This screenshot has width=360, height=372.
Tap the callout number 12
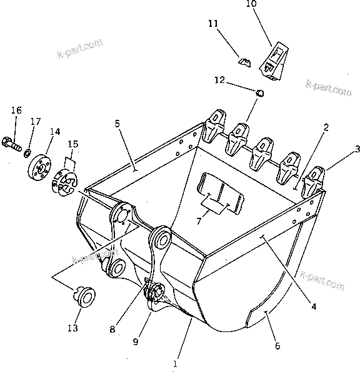[x=219, y=80]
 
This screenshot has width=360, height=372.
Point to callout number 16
[x=16, y=110]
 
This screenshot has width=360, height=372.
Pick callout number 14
[x=55, y=132]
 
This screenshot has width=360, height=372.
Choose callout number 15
[x=73, y=144]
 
